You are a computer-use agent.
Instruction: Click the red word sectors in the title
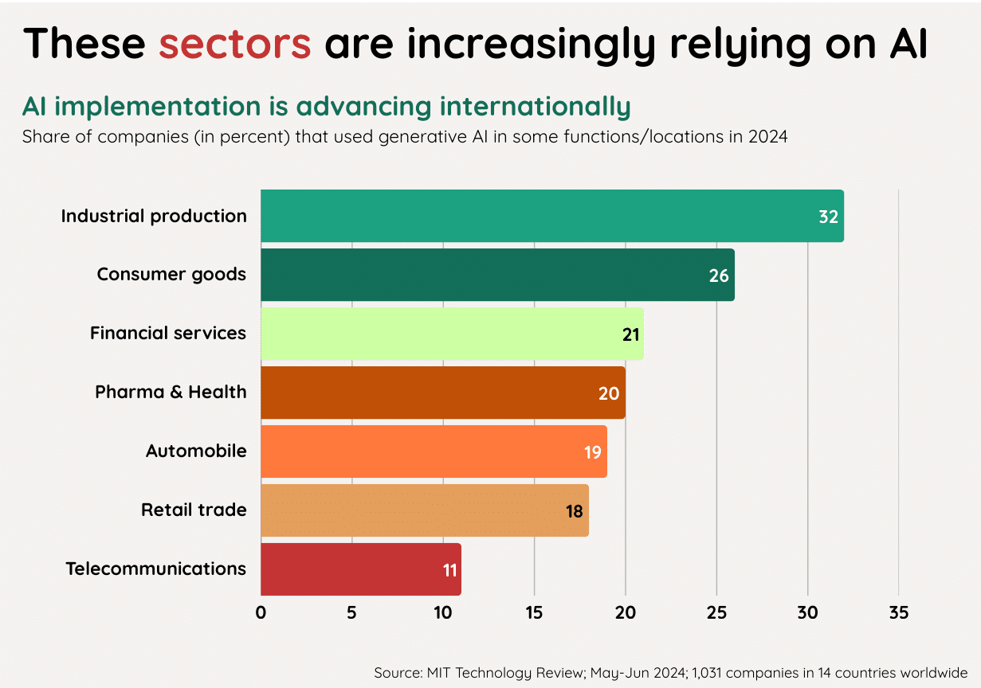click(x=234, y=44)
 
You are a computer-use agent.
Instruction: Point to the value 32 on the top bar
click(x=828, y=217)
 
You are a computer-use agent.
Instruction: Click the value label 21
click(x=631, y=334)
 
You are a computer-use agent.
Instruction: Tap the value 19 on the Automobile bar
click(x=592, y=452)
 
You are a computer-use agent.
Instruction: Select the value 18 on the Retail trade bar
click(x=575, y=511)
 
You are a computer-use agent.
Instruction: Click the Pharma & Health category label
click(x=171, y=392)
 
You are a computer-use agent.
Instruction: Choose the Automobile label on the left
click(x=196, y=451)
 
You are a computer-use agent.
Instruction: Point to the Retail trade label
click(x=194, y=510)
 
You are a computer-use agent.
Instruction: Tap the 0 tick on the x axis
click(x=261, y=613)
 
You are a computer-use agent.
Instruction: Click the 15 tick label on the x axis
click(x=534, y=613)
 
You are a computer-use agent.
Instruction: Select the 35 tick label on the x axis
click(x=898, y=613)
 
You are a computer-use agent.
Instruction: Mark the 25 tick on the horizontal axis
click(x=716, y=613)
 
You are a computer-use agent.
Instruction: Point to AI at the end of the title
click(x=908, y=44)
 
